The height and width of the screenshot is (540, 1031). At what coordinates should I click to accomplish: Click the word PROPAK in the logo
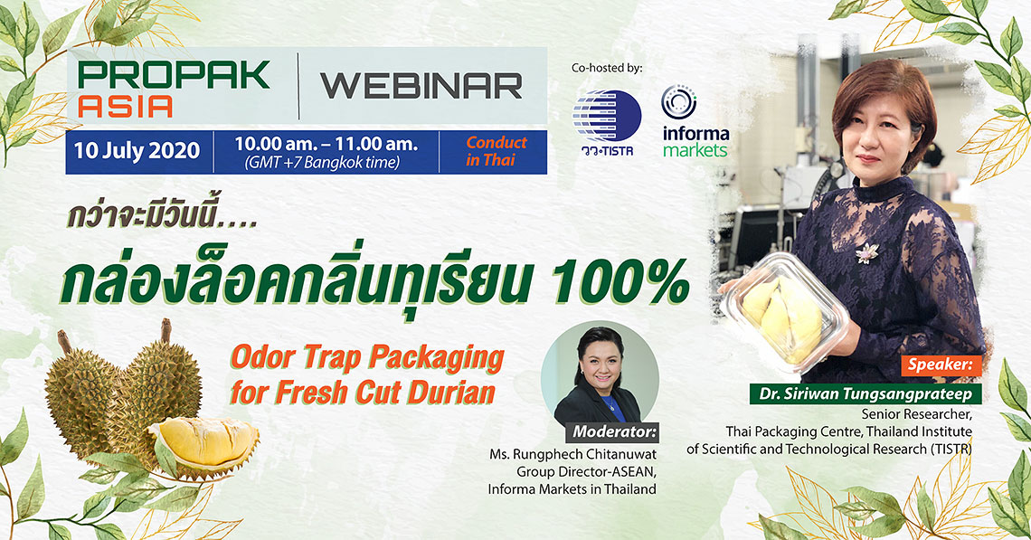[x=174, y=74]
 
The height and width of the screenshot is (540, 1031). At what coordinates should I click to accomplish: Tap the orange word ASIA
[x=125, y=106]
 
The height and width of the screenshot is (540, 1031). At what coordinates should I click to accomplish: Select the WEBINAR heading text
[x=421, y=86]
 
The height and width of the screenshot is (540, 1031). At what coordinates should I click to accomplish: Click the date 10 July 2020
[x=137, y=151]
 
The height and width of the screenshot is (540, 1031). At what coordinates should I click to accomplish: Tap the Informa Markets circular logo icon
[x=678, y=102]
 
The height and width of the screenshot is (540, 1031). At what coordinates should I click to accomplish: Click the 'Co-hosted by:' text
[x=606, y=68]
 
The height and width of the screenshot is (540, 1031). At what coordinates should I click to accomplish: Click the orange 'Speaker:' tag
[x=941, y=365]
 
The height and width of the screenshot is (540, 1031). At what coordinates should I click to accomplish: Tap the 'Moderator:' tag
[x=613, y=432]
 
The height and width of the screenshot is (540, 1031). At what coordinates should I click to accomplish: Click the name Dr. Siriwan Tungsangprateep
[x=865, y=393]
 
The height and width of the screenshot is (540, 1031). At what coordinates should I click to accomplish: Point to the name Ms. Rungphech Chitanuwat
[x=572, y=454]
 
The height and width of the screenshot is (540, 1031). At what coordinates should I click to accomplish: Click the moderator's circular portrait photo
[x=600, y=374]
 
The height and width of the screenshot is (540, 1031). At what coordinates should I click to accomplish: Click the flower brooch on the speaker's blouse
[x=867, y=251]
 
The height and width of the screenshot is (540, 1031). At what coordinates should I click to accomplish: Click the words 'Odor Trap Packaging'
[x=367, y=358]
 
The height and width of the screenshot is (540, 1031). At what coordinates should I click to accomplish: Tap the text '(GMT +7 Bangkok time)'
[x=322, y=163]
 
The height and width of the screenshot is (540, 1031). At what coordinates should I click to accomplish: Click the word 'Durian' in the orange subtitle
[x=451, y=392]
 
